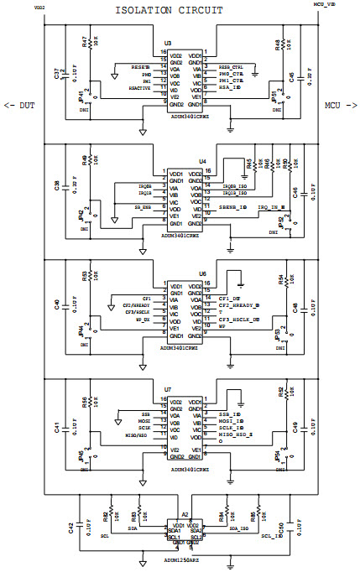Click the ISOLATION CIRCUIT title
click(173, 9)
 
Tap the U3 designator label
click(169, 42)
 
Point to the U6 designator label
click(202, 273)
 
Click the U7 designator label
click(168, 389)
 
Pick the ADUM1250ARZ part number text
click(183, 559)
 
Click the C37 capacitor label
click(56, 75)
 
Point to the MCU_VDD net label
click(325, 5)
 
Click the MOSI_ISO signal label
click(231, 421)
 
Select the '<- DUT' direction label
click(19, 106)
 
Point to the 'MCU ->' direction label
click(341, 106)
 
